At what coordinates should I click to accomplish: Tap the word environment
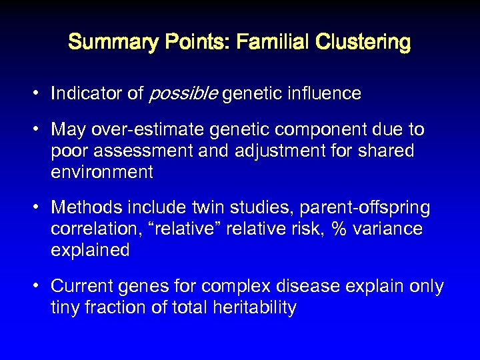coord(102,172)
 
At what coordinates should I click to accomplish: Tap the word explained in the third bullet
coord(90,251)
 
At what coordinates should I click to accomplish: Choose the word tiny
coord(67,308)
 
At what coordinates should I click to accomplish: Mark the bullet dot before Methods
coord(39,208)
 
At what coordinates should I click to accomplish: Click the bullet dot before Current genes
coord(39,287)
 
